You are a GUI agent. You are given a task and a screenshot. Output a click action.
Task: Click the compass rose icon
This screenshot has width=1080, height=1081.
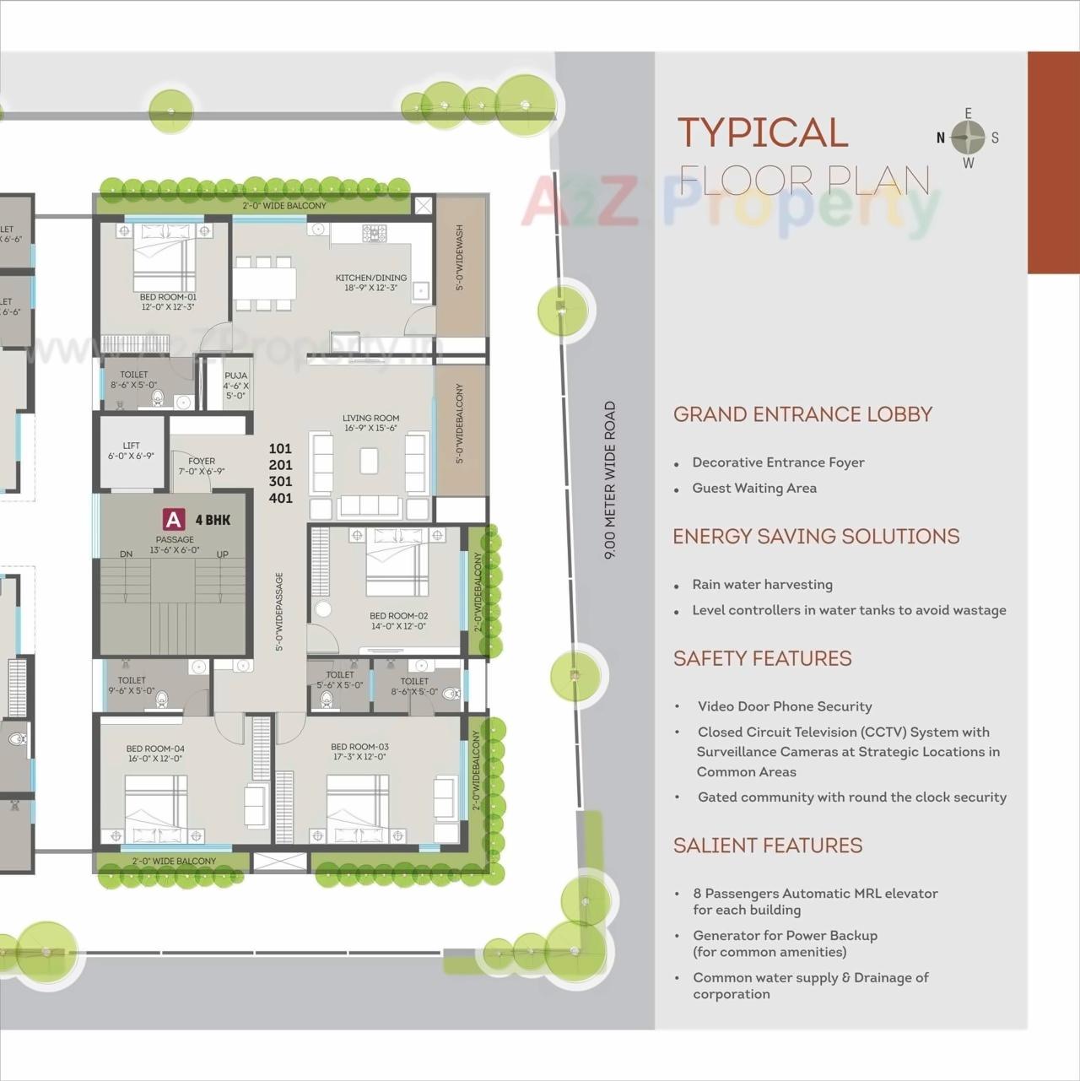968,138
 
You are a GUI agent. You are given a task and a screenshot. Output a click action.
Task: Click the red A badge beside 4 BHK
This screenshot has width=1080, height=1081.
174,520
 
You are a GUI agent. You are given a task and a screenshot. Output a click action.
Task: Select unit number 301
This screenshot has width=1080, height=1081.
280,482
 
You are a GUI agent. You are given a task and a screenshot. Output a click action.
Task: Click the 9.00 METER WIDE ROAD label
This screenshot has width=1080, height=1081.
610,480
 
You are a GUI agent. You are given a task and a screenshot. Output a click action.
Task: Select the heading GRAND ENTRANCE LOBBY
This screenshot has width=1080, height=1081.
802,414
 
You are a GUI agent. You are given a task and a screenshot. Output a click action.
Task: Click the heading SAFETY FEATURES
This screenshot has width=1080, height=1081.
762,658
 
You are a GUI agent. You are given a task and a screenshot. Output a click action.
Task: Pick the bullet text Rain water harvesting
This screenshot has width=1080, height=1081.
762,585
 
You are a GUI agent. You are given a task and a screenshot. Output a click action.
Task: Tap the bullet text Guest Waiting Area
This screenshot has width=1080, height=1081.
754,488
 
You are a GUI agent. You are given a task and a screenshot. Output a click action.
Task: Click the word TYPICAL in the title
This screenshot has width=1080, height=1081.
763,133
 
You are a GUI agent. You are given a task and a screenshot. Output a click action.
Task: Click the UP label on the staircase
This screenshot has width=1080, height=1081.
223,554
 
